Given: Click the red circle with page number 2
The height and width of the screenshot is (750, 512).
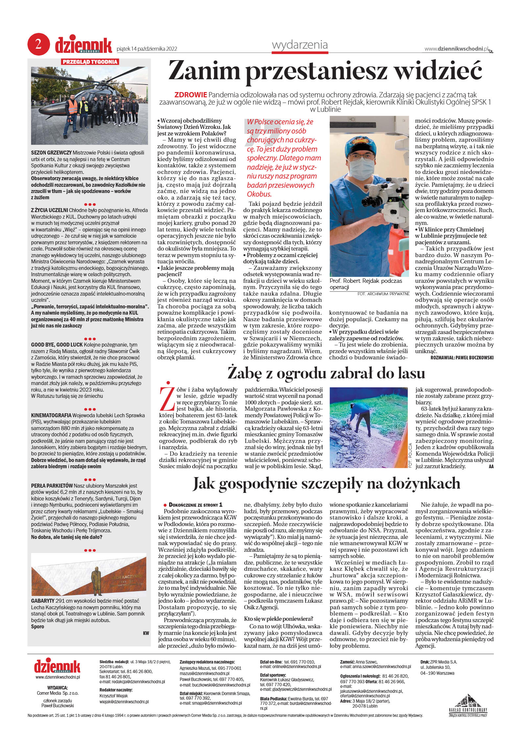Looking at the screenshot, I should (38, 44).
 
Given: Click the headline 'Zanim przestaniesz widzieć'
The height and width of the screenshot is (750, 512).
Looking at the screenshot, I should (325, 71).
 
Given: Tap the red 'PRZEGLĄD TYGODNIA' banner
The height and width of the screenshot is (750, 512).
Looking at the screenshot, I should (90, 61).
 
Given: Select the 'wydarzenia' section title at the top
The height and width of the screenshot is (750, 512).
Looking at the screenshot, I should (300, 45).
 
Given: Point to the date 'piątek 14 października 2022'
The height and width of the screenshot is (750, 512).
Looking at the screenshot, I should (147, 49).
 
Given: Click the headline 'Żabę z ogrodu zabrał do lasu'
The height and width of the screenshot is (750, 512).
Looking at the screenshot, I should (326, 373).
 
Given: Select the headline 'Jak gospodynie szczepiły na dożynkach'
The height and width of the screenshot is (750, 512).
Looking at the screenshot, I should (326, 484).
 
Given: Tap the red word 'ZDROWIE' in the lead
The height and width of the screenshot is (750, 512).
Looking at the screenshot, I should (191, 95).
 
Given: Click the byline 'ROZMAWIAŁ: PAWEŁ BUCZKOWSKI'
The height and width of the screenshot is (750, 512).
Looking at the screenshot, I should (462, 357).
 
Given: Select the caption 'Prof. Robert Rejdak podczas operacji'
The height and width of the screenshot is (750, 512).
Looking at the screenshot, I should (365, 284).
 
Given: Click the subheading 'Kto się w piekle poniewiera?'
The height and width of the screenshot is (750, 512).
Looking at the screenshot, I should (278, 618).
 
